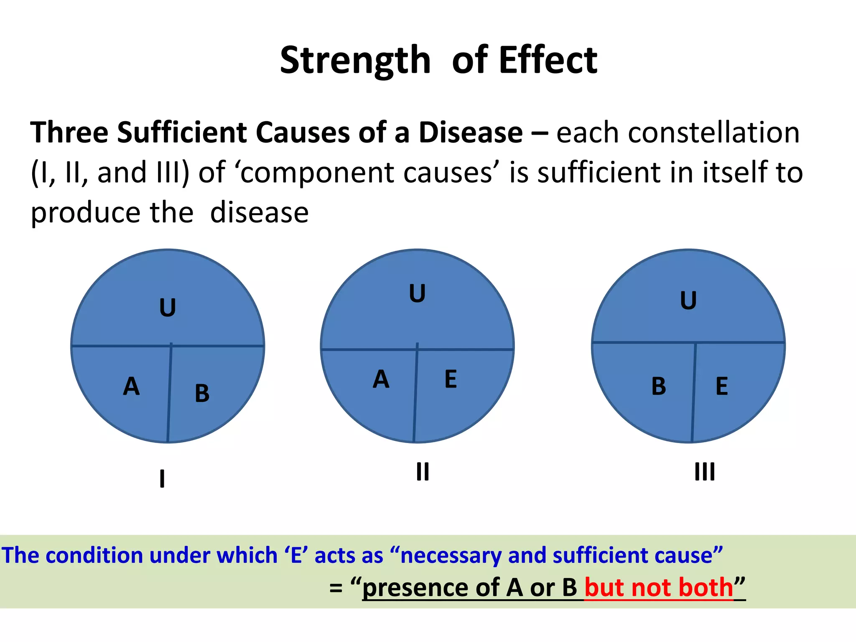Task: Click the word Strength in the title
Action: pyautogui.click(x=355, y=61)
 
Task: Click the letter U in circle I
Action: pyautogui.click(x=168, y=308)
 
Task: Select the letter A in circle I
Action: pyautogui.click(x=131, y=386)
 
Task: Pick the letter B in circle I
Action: pyautogui.click(x=202, y=393)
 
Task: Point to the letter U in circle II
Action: pyautogui.click(x=417, y=293)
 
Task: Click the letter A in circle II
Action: pyautogui.click(x=381, y=379)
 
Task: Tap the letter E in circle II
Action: pyautogui.click(x=451, y=379)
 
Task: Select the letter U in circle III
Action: pyautogui.click(x=688, y=301)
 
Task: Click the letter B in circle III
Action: pyautogui.click(x=659, y=386)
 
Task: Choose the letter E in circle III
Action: pyautogui.click(x=722, y=386)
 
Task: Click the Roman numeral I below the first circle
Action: pyautogui.click(x=162, y=479)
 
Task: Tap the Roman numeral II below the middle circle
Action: pyautogui.click(x=423, y=472)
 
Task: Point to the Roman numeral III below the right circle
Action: pyautogui.click(x=705, y=472)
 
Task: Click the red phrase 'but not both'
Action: pyautogui.click(x=659, y=587)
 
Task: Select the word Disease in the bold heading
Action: pyautogui.click(x=471, y=132)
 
